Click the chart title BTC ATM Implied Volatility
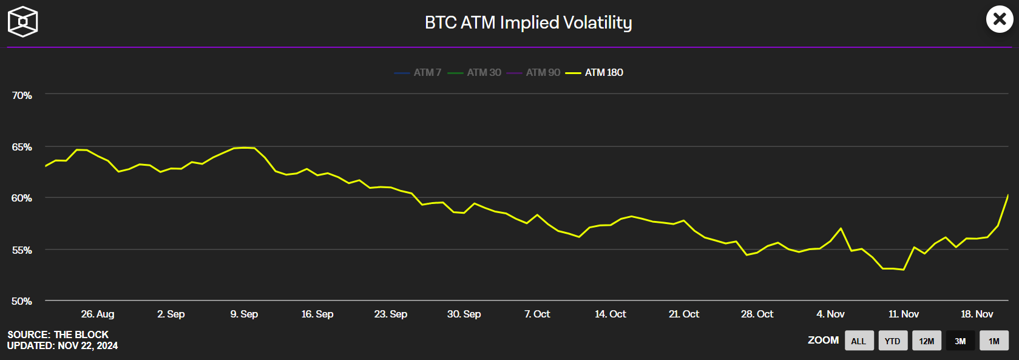[x=528, y=22]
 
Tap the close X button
[x=1000, y=19]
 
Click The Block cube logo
[x=22, y=22]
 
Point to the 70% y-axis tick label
[x=22, y=95]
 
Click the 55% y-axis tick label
[x=22, y=250]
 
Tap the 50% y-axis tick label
[x=22, y=301]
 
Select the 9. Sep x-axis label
[x=244, y=314]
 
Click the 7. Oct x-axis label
[x=537, y=314]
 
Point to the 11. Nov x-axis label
[x=903, y=314]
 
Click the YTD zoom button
[x=892, y=341]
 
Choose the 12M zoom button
[x=926, y=341]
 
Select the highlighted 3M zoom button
[x=960, y=341]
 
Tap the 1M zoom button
[x=994, y=341]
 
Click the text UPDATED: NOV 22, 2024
[x=63, y=346]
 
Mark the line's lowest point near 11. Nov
[x=904, y=270]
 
